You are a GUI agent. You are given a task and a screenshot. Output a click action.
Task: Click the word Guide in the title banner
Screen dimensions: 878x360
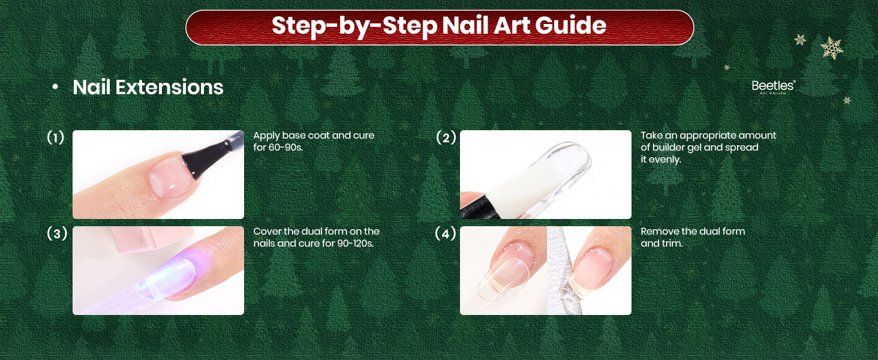pos(570,25)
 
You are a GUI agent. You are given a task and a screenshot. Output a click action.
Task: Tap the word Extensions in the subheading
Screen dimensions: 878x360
pos(169,87)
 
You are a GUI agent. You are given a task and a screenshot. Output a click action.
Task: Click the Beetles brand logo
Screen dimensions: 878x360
pos(773,86)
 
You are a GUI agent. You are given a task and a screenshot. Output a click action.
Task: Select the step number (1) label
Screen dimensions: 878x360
pos(55,137)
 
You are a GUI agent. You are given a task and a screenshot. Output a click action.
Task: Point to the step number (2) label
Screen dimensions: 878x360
pos(446,137)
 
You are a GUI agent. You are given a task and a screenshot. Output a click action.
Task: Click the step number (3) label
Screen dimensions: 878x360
pos(57,234)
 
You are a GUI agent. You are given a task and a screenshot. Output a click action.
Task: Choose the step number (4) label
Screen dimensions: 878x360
pos(446,234)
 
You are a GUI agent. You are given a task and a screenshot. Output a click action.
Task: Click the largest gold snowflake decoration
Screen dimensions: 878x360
pos(831,48)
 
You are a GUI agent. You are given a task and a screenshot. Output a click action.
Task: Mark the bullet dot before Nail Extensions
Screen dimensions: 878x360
pos(55,87)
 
